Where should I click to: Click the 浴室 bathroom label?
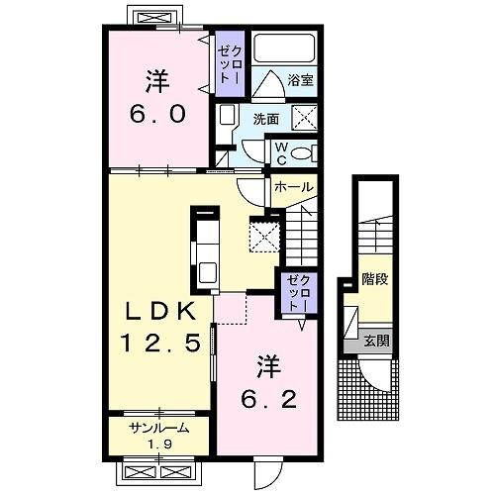tap(300, 80)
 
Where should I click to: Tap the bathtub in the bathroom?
tap(284, 49)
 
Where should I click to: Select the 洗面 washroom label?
tap(266, 120)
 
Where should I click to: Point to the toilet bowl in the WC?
tap(302, 153)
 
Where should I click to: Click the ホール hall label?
tap(293, 187)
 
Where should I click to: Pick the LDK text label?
tap(161, 311)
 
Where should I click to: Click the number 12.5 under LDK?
tap(160, 342)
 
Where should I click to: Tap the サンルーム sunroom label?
tap(159, 429)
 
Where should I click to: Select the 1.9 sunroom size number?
tap(159, 445)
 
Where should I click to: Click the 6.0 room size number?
tap(158, 113)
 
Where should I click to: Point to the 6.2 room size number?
tap(269, 400)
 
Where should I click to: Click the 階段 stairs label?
tap(375, 279)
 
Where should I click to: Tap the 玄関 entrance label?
tap(376, 341)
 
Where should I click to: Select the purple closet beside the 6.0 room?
tap(230, 63)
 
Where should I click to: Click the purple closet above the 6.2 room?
tap(300, 292)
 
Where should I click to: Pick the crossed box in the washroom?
tap(305, 118)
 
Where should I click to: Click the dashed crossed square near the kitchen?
tap(264, 237)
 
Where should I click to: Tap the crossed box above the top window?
tap(154, 17)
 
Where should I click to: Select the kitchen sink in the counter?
tap(208, 272)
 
